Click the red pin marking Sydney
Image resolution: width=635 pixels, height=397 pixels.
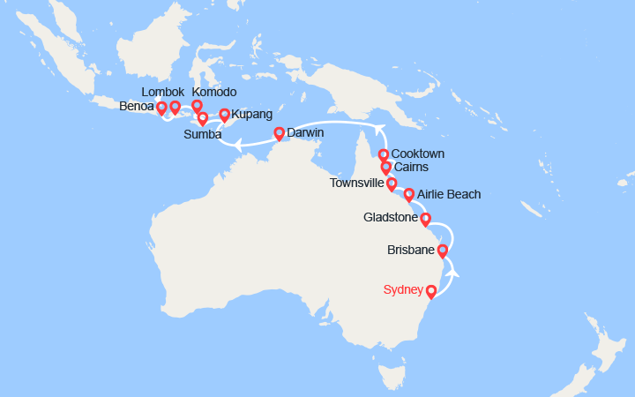(x=431, y=292)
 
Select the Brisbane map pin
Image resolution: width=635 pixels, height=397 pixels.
(x=443, y=251)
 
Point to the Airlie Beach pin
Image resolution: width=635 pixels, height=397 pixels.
(x=408, y=195)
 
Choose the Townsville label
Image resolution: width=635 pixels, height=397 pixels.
(x=356, y=184)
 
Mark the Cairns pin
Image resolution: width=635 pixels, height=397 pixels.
(x=386, y=168)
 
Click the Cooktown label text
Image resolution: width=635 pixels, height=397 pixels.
(x=417, y=154)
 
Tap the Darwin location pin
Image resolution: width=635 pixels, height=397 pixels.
(x=280, y=134)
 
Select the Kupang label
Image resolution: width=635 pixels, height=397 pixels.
(x=251, y=115)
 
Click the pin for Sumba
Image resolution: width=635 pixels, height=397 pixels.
(x=203, y=118)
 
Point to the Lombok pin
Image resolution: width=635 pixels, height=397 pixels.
(x=175, y=108)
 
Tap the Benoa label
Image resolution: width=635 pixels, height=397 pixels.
(x=136, y=108)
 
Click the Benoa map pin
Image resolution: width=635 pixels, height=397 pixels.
(x=162, y=109)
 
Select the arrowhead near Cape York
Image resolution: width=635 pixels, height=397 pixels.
(x=381, y=129)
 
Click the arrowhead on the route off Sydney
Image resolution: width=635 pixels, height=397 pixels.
(x=453, y=272)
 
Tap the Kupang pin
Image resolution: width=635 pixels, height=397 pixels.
(x=224, y=115)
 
